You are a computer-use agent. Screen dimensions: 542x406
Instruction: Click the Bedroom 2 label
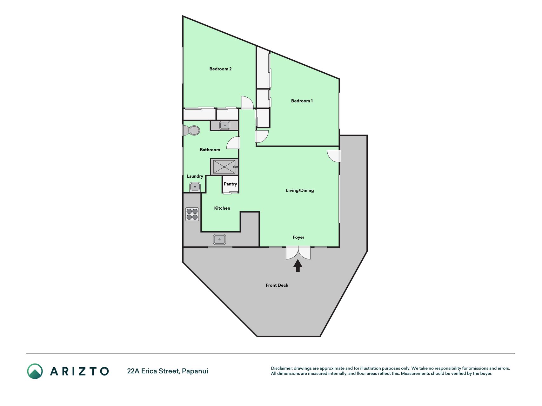220,69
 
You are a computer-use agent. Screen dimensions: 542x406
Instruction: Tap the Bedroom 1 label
302,101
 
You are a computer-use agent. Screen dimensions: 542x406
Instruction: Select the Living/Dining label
300,190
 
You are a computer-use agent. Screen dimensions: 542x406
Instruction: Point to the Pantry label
230,184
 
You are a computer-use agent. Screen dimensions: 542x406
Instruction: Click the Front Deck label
277,285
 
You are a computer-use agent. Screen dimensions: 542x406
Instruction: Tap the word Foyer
298,237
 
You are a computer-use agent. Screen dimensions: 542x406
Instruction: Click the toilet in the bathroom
191,130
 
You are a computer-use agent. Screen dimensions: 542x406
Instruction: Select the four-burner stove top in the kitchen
192,214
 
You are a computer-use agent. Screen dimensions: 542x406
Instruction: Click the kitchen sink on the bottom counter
219,239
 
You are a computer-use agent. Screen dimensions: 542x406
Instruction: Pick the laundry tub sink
195,187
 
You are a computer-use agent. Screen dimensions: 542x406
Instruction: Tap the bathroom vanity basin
225,126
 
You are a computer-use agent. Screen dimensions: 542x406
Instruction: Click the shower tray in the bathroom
224,167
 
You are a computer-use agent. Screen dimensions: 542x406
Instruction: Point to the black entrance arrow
298,266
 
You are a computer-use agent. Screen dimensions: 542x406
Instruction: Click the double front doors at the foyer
298,253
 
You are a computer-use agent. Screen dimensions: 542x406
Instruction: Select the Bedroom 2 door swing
247,102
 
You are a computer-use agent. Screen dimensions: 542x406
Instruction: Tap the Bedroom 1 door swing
262,136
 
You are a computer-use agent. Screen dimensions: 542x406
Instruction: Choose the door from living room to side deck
334,156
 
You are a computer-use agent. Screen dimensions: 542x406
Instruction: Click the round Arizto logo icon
35,371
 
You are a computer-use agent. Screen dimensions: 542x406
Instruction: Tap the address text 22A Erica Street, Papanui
168,371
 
